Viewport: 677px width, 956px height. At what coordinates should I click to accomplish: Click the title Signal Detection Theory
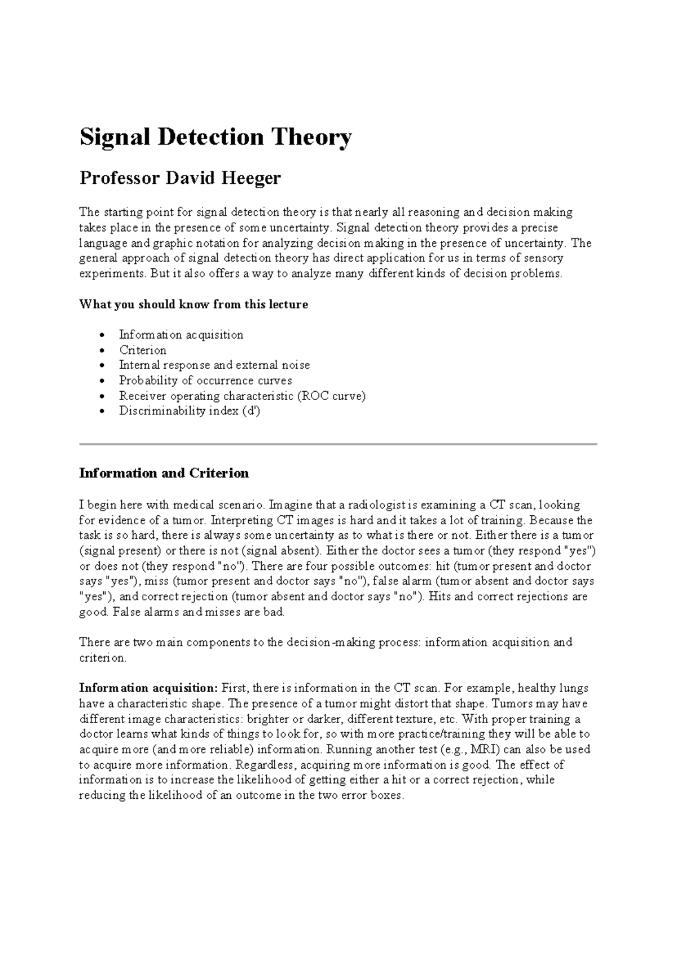[216, 138]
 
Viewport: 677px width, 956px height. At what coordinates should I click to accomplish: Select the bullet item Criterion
[142, 350]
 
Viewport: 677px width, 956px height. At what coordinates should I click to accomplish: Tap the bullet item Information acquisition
[181, 335]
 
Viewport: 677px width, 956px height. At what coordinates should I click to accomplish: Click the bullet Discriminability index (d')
[189, 411]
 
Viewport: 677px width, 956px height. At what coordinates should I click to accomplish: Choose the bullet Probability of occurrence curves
[205, 380]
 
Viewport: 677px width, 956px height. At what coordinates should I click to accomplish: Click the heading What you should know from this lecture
[194, 305]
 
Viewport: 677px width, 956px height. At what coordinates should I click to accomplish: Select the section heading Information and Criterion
[164, 473]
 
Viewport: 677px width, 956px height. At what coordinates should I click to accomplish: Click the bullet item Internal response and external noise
[214, 365]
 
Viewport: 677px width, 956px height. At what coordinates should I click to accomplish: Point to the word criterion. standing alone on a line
[103, 658]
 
